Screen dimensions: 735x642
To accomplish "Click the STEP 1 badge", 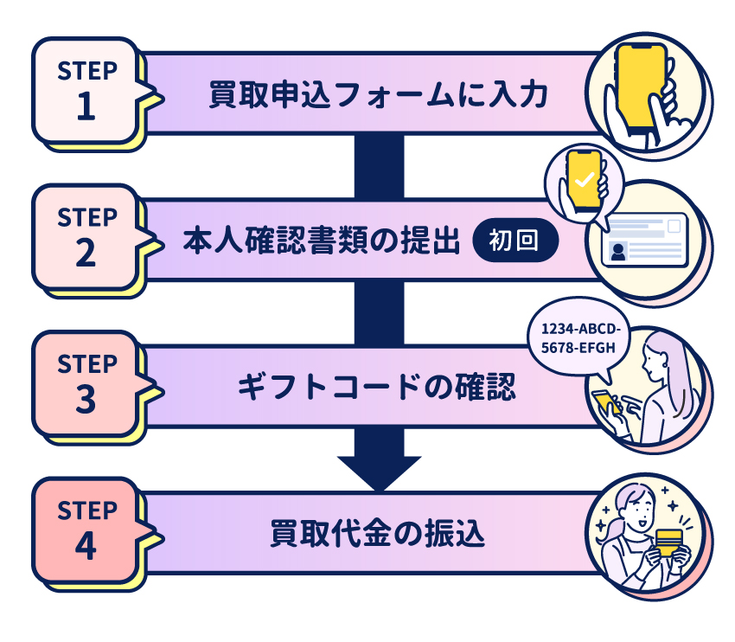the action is [86, 92].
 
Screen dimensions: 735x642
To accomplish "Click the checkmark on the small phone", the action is [585, 181].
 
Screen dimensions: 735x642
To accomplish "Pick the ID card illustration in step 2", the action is [644, 241].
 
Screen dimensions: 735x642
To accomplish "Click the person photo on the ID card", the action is [618, 252].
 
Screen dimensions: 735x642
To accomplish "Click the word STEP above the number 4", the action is [86, 510].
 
